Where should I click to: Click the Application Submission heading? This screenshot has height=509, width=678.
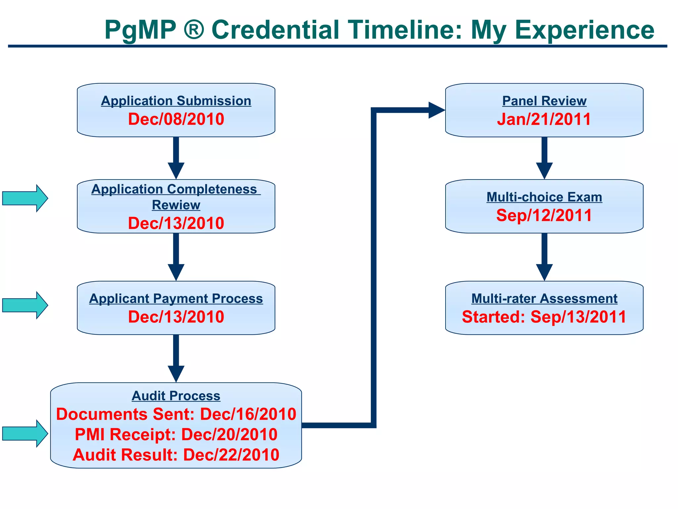tap(176, 101)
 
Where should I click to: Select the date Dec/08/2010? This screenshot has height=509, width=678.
tap(176, 119)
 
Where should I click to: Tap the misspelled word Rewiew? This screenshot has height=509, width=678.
tap(176, 205)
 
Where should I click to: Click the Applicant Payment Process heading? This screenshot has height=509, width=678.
tap(176, 299)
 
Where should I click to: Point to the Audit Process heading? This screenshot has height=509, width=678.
tap(176, 396)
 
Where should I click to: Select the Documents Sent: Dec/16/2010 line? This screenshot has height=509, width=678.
tap(176, 414)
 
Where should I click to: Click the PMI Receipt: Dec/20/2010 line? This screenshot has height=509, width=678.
tap(176, 434)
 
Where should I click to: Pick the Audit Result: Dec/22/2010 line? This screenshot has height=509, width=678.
tap(176, 455)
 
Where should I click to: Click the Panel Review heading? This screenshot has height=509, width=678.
tap(544, 101)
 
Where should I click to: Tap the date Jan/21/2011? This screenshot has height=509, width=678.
tap(544, 119)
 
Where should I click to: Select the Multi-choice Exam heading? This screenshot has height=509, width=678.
tap(544, 197)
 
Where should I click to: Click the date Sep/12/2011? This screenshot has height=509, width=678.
tap(544, 215)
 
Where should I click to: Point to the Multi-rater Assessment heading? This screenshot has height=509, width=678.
tap(544, 299)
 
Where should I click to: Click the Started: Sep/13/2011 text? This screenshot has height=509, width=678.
tap(544, 317)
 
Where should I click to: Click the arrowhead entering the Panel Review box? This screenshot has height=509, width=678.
tap(436, 110)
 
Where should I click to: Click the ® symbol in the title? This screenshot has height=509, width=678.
tap(193, 30)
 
